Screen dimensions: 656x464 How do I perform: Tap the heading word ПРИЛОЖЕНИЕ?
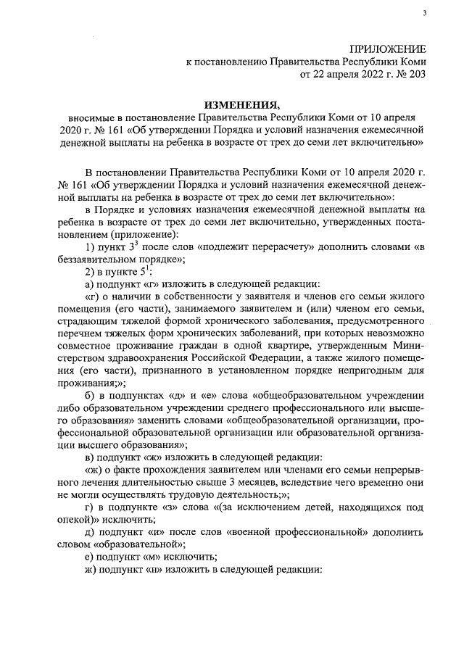[x=389, y=49]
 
